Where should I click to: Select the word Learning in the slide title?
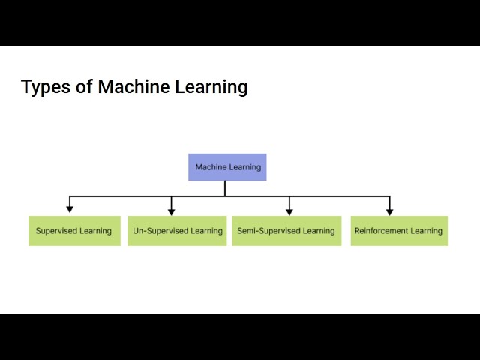pyautogui.click(x=211, y=87)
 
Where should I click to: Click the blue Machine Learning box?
pyautogui.click(x=227, y=167)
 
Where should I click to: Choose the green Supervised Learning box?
pyautogui.click(x=74, y=231)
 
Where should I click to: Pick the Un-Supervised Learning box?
pyautogui.click(x=177, y=231)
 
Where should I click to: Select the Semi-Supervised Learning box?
pyautogui.click(x=286, y=231)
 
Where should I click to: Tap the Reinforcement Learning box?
pyautogui.click(x=398, y=231)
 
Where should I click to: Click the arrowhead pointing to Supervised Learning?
pyautogui.click(x=70, y=210)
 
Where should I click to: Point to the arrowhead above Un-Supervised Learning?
pyautogui.click(x=171, y=211)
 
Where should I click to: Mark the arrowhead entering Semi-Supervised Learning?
pyautogui.click(x=289, y=211)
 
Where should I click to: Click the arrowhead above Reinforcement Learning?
pyautogui.click(x=389, y=211)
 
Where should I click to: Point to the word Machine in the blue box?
pyautogui.click(x=211, y=167)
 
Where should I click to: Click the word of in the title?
pyautogui.click(x=84, y=87)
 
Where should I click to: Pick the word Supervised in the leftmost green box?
pyautogui.click(x=57, y=231)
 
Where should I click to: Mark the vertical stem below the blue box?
pyautogui.click(x=225, y=188)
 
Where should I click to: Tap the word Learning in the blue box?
pyautogui.click(x=245, y=167)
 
